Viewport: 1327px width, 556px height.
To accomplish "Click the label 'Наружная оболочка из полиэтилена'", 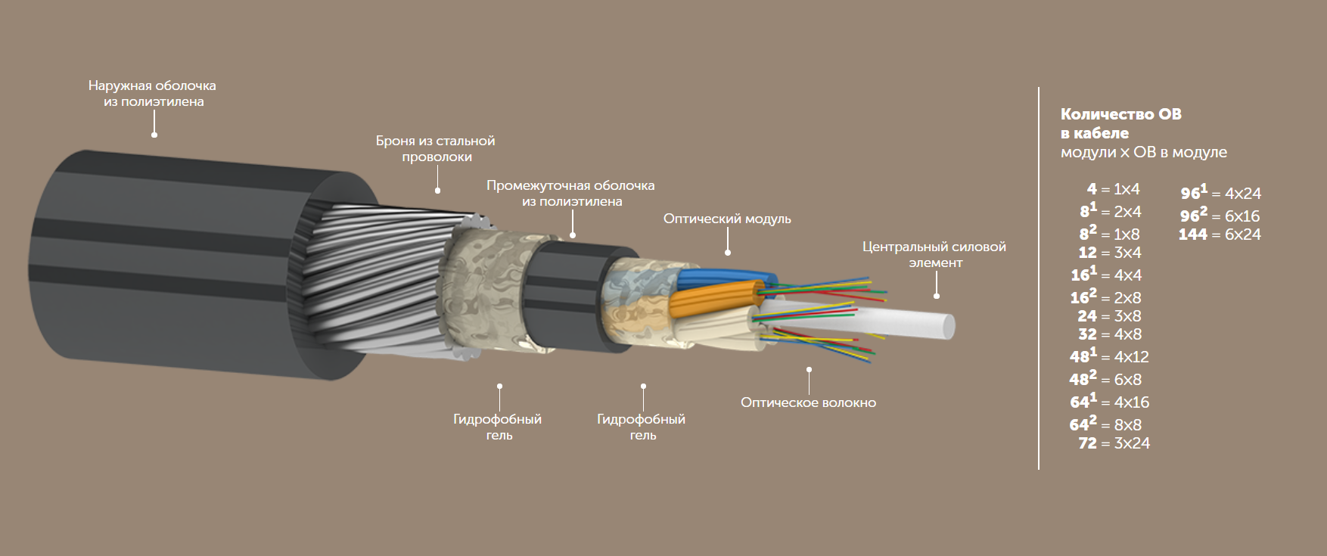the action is coord(153,94).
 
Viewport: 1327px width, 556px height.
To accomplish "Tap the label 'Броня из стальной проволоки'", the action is coord(436,149).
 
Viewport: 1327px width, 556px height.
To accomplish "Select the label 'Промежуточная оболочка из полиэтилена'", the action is coord(571,194).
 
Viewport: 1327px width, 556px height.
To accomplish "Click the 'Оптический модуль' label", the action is coord(727,219).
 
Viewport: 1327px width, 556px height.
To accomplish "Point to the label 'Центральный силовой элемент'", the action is coord(934,255).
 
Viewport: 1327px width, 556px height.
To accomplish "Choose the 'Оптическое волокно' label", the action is coord(808,403).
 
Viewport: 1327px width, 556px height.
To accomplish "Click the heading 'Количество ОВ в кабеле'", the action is coord(1120,123).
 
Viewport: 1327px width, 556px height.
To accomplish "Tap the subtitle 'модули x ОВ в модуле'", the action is coord(1144,152).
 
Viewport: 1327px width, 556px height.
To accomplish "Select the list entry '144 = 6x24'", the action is coord(1220,235).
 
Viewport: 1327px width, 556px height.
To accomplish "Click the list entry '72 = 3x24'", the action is coord(1114,443).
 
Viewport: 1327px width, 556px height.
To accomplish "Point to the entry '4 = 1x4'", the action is coord(1113,189).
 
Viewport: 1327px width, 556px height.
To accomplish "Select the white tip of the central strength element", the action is coord(947,327).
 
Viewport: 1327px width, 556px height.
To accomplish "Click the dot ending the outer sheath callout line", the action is coord(154,135).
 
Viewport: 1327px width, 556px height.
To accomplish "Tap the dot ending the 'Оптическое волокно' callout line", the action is coord(809,370).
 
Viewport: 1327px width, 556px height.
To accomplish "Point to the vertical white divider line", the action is coord(1039,278).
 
